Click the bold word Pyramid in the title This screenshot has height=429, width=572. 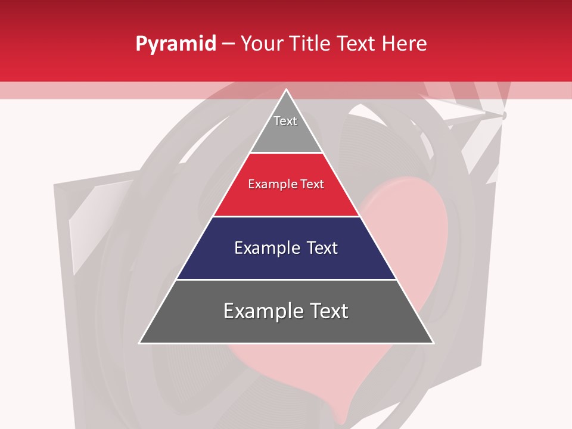pos(176,43)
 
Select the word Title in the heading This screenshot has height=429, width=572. pos(313,43)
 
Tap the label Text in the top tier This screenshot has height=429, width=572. pos(285,121)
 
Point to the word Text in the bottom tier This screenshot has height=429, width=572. pos(328,311)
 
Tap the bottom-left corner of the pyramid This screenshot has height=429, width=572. pos(140,343)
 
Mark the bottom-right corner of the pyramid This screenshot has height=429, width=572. pos(433,343)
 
